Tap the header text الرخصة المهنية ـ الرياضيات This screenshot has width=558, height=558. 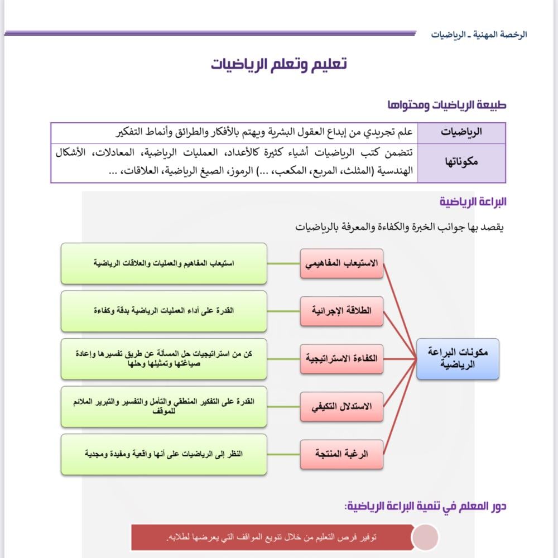click(x=479, y=35)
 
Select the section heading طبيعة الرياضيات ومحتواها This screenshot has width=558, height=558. click(x=446, y=105)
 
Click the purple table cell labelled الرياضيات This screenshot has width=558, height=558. click(x=461, y=133)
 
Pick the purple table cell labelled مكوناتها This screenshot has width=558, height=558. click(x=461, y=162)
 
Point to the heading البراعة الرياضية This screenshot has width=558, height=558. click(x=473, y=202)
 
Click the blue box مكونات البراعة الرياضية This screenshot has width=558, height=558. click(x=458, y=359)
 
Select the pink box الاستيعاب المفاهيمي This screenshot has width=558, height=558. click(x=342, y=263)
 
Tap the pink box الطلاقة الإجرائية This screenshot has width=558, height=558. click(x=342, y=311)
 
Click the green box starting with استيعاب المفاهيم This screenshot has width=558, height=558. click(x=163, y=263)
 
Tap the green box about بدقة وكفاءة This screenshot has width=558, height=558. click(x=163, y=311)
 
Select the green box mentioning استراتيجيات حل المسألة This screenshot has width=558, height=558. click(x=163, y=359)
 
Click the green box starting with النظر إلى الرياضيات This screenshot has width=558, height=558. click(x=163, y=454)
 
